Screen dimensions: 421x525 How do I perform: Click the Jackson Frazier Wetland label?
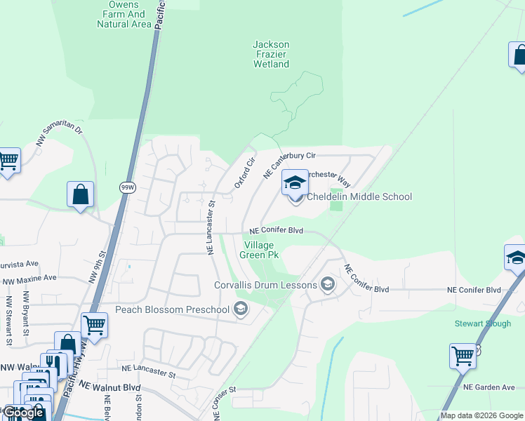pyautogui.click(x=271, y=54)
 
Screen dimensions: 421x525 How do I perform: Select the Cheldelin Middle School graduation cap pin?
pyautogui.click(x=295, y=183)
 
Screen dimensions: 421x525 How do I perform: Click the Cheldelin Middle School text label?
pyautogui.click(x=359, y=196)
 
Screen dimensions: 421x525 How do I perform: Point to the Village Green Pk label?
pyautogui.click(x=261, y=250)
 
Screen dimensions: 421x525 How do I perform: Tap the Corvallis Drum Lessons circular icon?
pyautogui.click(x=327, y=284)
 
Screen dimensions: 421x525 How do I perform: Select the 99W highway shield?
pyautogui.click(x=127, y=187)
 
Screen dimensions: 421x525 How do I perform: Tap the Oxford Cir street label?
pyautogui.click(x=244, y=173)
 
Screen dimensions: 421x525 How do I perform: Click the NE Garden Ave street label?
pyautogui.click(x=489, y=387)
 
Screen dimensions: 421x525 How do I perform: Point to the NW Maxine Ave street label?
pyautogui.click(x=29, y=278)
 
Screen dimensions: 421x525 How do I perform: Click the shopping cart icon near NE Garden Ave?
pyautogui.click(x=463, y=356)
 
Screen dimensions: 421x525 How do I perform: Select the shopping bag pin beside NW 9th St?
pyautogui.click(x=81, y=194)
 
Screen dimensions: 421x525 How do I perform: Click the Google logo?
pyautogui.click(x=24, y=413)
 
